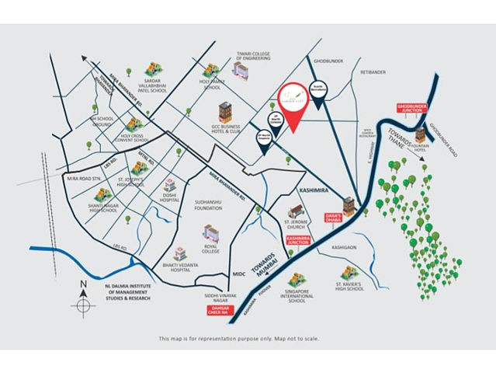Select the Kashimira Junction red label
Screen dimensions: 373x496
point(298,239)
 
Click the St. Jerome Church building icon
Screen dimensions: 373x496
point(295,211)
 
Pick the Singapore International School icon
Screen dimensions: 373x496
point(295,279)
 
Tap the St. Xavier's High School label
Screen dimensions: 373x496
point(349,288)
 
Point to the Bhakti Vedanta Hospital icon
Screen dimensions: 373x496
point(179,253)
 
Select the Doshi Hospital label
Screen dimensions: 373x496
point(169,197)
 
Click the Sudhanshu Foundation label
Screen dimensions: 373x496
point(208,205)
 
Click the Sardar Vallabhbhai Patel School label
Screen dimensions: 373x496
point(153,85)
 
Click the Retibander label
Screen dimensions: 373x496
point(373,72)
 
